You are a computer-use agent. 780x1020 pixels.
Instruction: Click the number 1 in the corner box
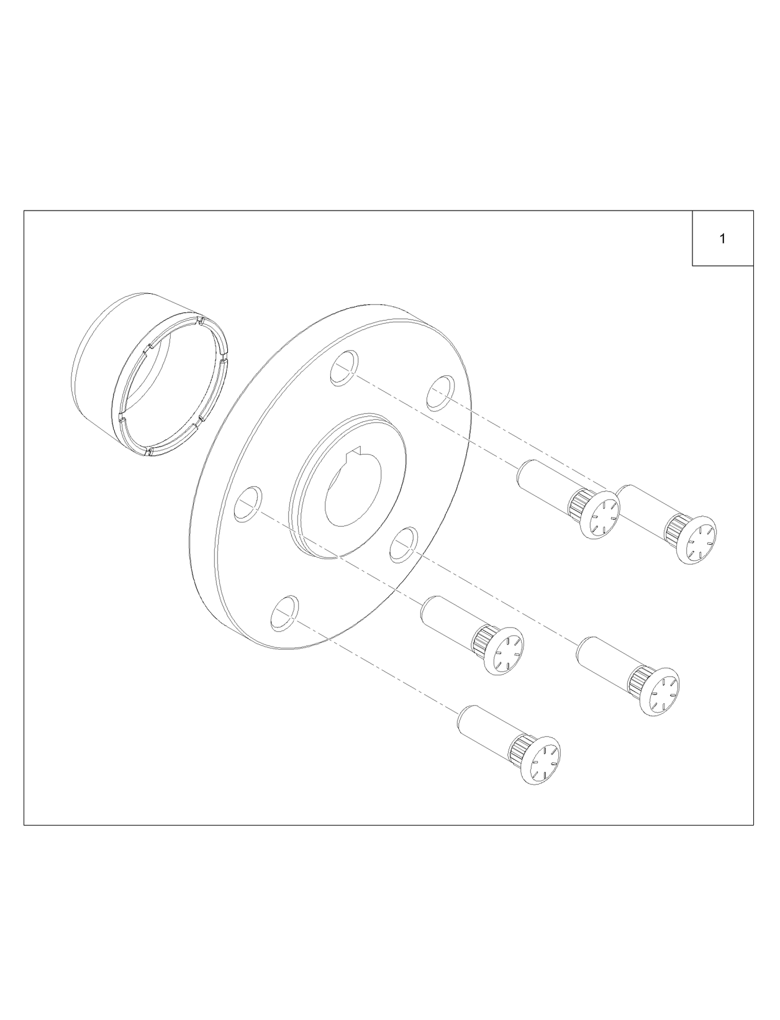[x=722, y=239]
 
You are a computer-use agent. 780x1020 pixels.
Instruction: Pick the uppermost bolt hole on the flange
[x=343, y=368]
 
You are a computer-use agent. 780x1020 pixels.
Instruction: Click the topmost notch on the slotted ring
[x=201, y=321]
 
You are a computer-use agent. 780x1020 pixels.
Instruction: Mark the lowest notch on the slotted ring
[x=147, y=452]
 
